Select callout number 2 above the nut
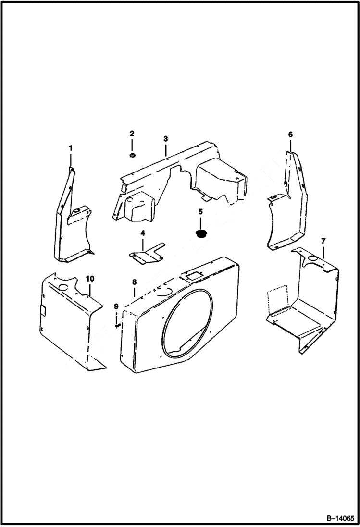(x=132, y=133)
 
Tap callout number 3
(x=165, y=139)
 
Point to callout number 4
(x=142, y=233)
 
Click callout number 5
(x=200, y=211)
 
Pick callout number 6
(x=290, y=135)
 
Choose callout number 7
(x=323, y=240)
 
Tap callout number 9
(x=116, y=306)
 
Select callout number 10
(x=89, y=279)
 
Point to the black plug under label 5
(x=200, y=234)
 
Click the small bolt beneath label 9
(x=117, y=325)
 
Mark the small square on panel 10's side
(x=43, y=311)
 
